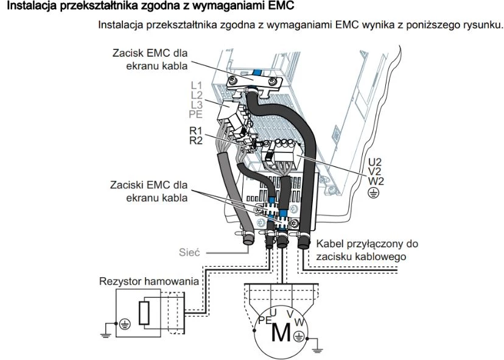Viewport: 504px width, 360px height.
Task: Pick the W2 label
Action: [x=375, y=181]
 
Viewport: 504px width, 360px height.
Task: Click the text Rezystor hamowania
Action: [x=149, y=281]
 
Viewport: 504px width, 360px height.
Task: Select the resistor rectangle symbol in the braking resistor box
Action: [x=144, y=313]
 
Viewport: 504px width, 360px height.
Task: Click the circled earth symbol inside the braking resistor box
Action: [x=124, y=325]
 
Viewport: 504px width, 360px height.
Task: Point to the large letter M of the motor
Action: [x=281, y=333]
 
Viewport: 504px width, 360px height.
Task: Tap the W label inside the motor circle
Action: [x=298, y=322]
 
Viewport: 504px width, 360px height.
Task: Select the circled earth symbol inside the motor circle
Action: [x=299, y=335]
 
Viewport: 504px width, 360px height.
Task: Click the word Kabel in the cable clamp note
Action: [x=329, y=244]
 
